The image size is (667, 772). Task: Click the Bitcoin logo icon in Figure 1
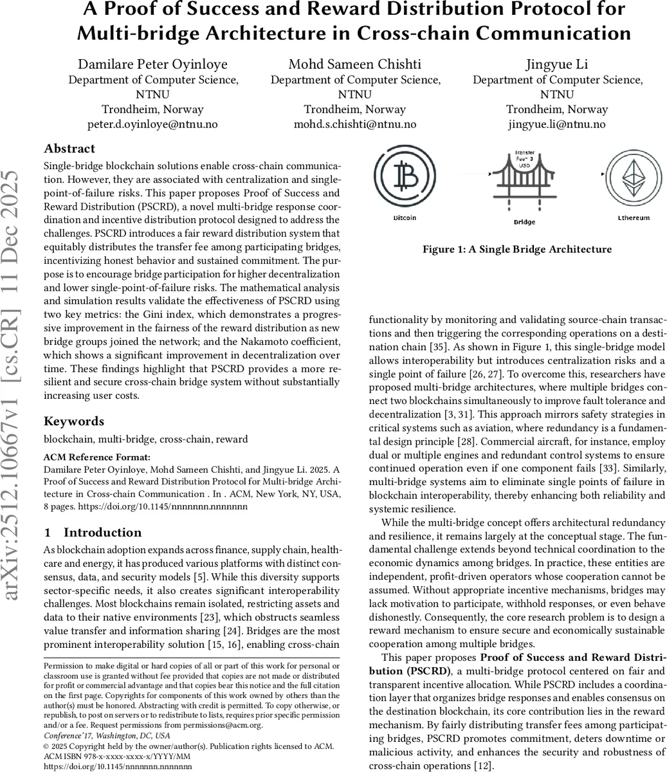pyautogui.click(x=405, y=175)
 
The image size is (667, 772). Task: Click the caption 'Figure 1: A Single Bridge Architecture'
pyautogui.click(x=517, y=249)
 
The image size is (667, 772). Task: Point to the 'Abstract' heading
pyautogui.click(x=69, y=149)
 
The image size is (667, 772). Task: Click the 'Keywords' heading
pyautogui.click(x=73, y=421)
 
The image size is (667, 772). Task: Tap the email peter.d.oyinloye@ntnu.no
pyautogui.click(x=153, y=124)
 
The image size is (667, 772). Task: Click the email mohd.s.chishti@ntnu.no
pyautogui.click(x=355, y=124)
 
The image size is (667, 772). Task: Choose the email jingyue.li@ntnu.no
pyautogui.click(x=557, y=124)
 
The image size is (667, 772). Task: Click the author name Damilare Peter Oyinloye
pyautogui.click(x=153, y=64)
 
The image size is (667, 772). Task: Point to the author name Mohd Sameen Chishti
pyautogui.click(x=355, y=64)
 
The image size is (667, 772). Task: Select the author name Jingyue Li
pyautogui.click(x=557, y=64)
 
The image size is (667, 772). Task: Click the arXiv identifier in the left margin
pyautogui.click(x=17, y=386)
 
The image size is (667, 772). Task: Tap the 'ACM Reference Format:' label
pyautogui.click(x=96, y=457)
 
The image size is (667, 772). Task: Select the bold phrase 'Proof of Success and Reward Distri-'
pyautogui.click(x=572, y=657)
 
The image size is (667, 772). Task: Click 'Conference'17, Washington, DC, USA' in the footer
pyautogui.click(x=106, y=735)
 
